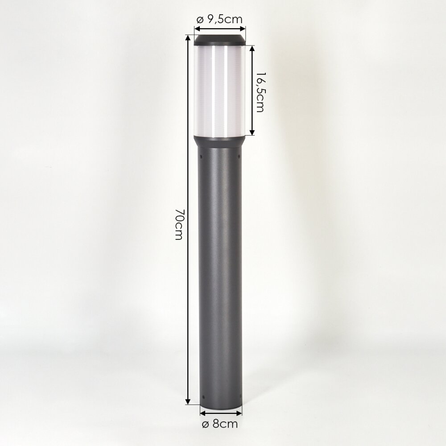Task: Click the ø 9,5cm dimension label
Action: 219,20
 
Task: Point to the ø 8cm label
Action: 219,424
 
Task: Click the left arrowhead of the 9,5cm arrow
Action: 197,29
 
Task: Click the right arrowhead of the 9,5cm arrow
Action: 242,29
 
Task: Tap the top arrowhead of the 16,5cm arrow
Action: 252,48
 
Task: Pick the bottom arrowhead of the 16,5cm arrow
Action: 252,132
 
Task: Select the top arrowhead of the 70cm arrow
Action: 187,38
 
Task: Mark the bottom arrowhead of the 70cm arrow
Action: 187,401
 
